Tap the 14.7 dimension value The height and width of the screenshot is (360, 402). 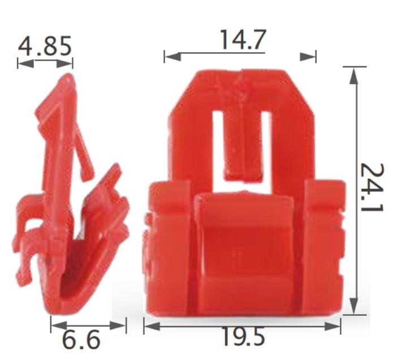[x=241, y=40]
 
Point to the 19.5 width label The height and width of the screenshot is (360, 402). [x=242, y=337]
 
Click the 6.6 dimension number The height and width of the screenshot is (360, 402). [x=81, y=340]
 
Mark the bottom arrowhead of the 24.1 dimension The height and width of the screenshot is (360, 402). [x=354, y=306]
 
